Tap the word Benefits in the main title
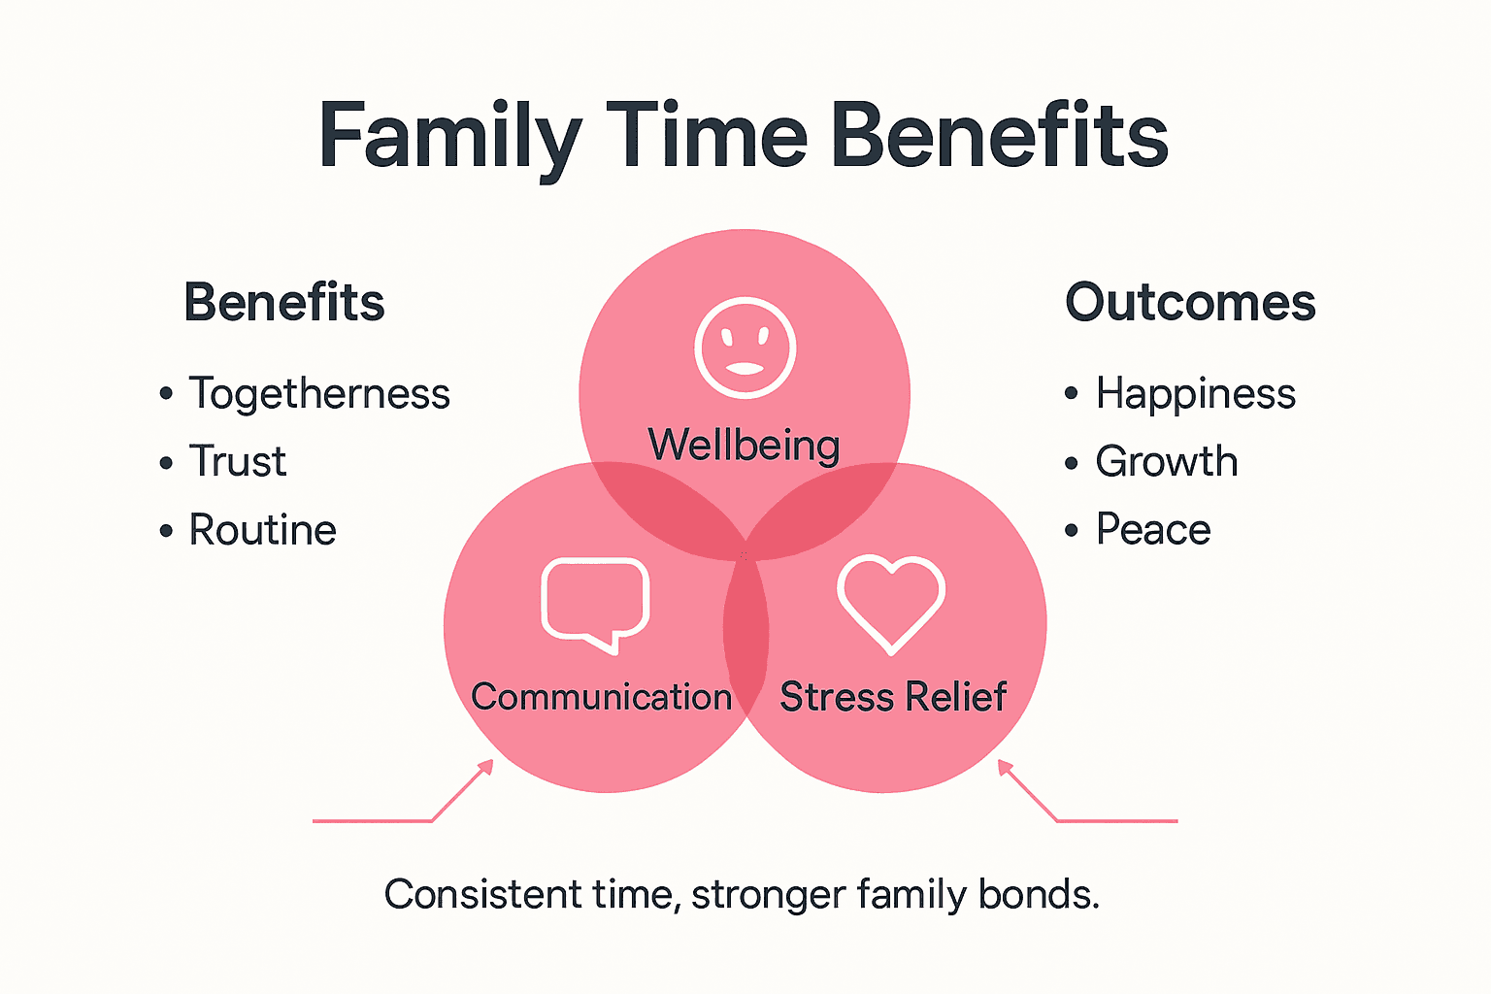pyautogui.click(x=999, y=136)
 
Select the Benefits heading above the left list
pyautogui.click(x=283, y=302)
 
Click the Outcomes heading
pyautogui.click(x=1190, y=302)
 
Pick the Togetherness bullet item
pyautogui.click(x=318, y=394)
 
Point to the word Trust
pyautogui.click(x=238, y=462)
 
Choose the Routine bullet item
pyautogui.click(x=262, y=530)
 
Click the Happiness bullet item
pyautogui.click(x=1195, y=394)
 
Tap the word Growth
pyautogui.click(x=1167, y=462)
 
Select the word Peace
pyautogui.click(x=1153, y=530)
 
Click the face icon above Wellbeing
pyautogui.click(x=745, y=348)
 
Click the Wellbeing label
pyautogui.click(x=744, y=446)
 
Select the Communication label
pyautogui.click(x=601, y=697)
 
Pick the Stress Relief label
pyautogui.click(x=893, y=697)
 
